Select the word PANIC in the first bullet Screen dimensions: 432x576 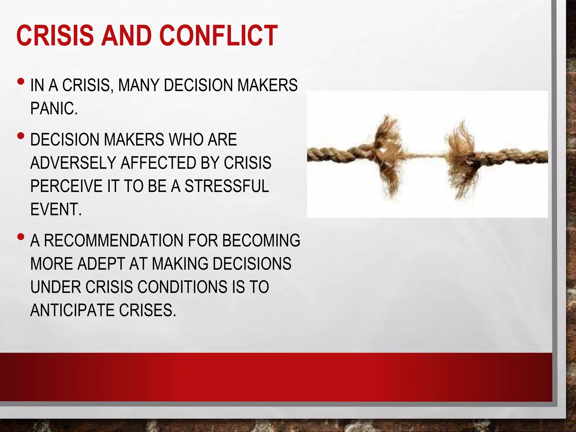[53, 109]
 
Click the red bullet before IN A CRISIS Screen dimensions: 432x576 [21, 82]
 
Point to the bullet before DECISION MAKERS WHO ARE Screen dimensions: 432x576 [21, 136]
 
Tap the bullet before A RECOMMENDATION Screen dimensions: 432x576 [21, 237]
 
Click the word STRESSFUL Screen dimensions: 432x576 [227, 186]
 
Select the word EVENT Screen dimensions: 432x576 [56, 209]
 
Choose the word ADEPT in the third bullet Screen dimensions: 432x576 [101, 264]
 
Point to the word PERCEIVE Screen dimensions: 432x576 [66, 186]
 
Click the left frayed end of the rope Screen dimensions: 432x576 [389, 156]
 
